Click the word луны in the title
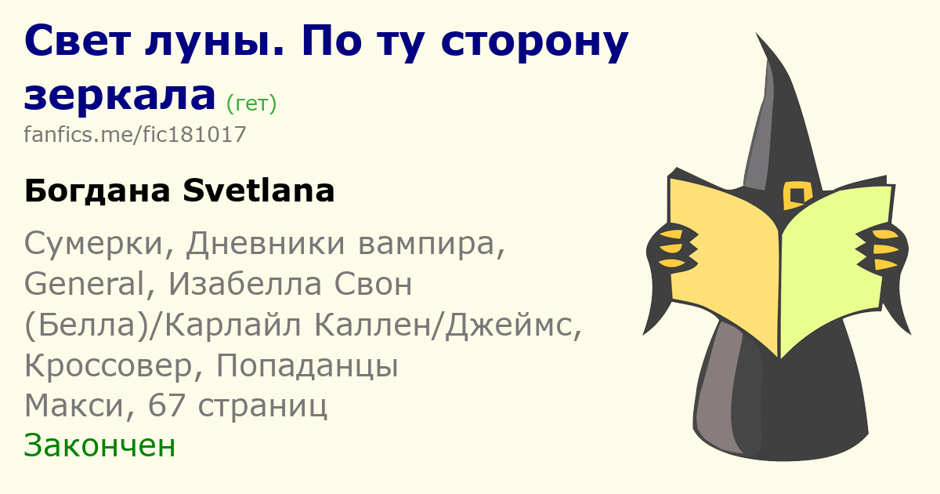[x=215, y=42]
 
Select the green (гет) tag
[x=251, y=104]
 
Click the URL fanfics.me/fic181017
[x=135, y=134]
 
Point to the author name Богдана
[x=97, y=191]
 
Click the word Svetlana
[x=258, y=191]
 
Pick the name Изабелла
[x=245, y=283]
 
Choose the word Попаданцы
[x=307, y=366]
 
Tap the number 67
[x=167, y=405]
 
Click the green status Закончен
[x=99, y=445]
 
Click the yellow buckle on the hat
[x=797, y=195]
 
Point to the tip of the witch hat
[x=756, y=33]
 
